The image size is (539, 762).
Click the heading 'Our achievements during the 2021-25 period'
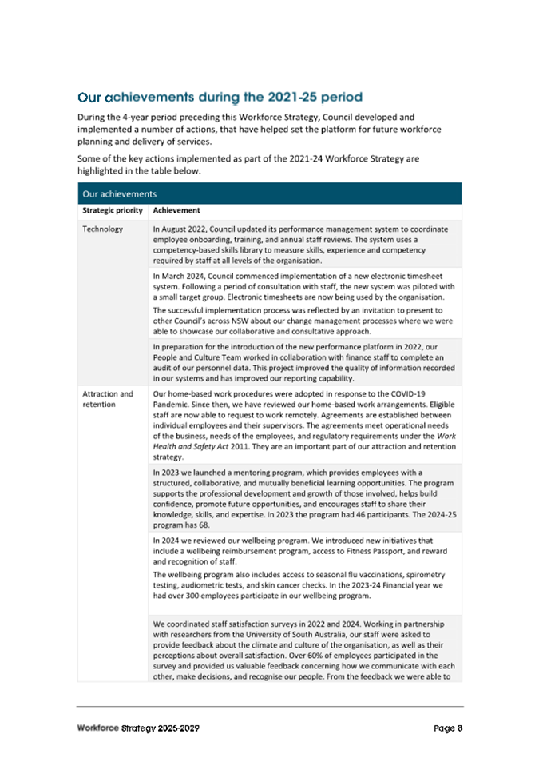point(220,98)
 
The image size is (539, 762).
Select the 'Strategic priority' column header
point(113,211)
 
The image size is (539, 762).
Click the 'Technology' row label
point(102,229)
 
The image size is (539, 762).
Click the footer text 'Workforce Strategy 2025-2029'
point(137,728)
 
